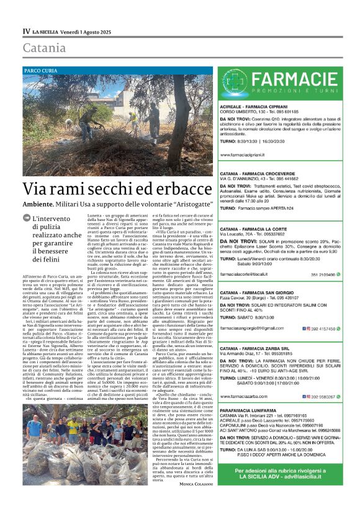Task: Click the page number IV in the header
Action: click(26, 31)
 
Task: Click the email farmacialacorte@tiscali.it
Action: click(247, 256)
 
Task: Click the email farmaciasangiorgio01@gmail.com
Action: click(254, 328)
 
